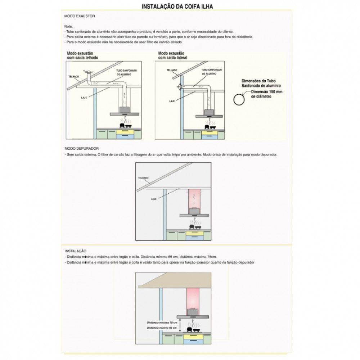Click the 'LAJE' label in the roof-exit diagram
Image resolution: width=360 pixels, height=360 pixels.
85,98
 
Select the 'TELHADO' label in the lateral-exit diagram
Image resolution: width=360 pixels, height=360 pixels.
172,71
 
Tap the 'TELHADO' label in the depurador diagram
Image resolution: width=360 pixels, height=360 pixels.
143,178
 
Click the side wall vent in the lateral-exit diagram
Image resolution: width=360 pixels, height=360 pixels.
179,87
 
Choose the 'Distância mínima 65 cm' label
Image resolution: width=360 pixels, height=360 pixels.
162,328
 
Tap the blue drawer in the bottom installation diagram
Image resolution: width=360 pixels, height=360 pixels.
195,341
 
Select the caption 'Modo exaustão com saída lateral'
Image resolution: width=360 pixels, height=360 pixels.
172,55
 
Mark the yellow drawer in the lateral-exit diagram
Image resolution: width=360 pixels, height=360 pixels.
208,132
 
